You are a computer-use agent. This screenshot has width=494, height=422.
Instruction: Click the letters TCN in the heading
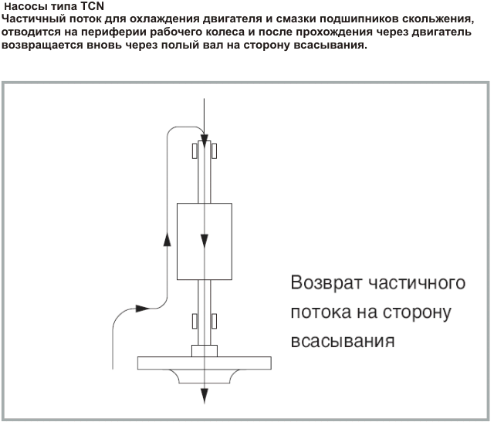tap(93, 6)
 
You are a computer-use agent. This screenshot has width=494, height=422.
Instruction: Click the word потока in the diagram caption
tap(321, 312)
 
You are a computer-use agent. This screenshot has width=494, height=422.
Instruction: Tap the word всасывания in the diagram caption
tap(343, 341)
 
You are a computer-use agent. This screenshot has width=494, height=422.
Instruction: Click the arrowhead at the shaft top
tap(205, 140)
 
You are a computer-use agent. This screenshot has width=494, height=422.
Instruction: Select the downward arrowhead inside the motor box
tap(205, 241)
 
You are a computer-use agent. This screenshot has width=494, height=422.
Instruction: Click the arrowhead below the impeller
tap(205, 396)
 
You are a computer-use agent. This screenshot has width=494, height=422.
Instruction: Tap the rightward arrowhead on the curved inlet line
tap(142, 309)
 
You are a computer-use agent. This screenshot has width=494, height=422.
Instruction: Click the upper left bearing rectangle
tap(195, 151)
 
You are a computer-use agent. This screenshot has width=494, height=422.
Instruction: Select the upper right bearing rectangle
tap(214, 151)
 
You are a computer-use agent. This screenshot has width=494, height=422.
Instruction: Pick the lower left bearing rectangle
tap(195, 321)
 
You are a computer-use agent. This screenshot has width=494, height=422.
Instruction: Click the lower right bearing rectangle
tap(214, 321)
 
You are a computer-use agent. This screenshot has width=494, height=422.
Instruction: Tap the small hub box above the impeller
tap(205, 351)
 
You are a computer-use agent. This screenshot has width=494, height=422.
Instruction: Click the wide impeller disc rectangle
tap(205, 363)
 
